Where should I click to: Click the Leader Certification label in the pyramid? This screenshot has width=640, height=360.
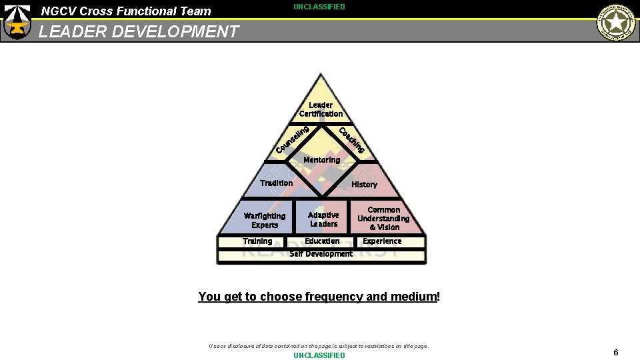[321, 109]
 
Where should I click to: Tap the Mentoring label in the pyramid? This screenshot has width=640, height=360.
[321, 160]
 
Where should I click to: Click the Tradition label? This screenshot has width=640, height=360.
[276, 183]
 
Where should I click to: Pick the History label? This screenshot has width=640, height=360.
[364, 185]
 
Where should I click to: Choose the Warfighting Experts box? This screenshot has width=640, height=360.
[265, 220]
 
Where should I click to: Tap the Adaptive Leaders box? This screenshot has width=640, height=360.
[323, 219]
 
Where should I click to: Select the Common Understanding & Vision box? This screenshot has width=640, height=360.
[383, 219]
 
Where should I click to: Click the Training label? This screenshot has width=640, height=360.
[257, 241]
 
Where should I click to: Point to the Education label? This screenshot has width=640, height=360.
[322, 241]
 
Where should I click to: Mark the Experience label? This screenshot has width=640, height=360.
[382, 241]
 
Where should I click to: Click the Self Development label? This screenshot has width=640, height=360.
[321, 254]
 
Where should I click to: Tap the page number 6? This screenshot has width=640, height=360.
[616, 353]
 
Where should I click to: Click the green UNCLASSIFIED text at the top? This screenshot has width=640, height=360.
[319, 7]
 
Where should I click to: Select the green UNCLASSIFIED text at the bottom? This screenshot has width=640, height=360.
[319, 355]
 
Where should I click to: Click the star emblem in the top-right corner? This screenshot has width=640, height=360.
[616, 22]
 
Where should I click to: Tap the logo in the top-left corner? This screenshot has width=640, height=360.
[17, 21]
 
